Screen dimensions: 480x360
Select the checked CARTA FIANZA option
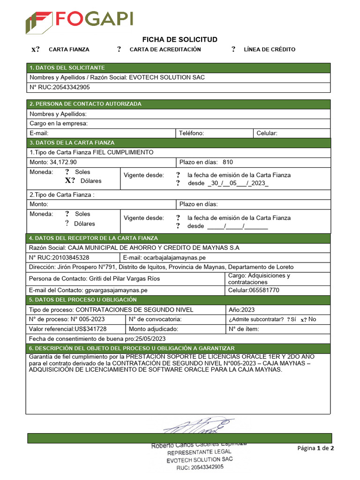click(x=36, y=49)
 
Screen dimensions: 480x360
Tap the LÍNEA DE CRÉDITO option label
click(x=270, y=49)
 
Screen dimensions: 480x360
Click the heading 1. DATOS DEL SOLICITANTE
click(x=67, y=68)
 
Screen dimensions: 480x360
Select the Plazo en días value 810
click(x=228, y=162)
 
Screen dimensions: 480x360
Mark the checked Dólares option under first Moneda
click(x=70, y=180)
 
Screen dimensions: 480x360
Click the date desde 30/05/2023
click(x=238, y=183)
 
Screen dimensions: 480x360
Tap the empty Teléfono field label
click(x=191, y=133)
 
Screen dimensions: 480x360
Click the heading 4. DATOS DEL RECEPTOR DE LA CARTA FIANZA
click(x=94, y=238)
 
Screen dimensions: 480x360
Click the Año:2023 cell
click(x=241, y=310)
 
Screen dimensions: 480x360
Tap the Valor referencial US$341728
click(x=67, y=329)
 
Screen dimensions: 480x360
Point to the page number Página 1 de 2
click(x=315, y=448)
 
